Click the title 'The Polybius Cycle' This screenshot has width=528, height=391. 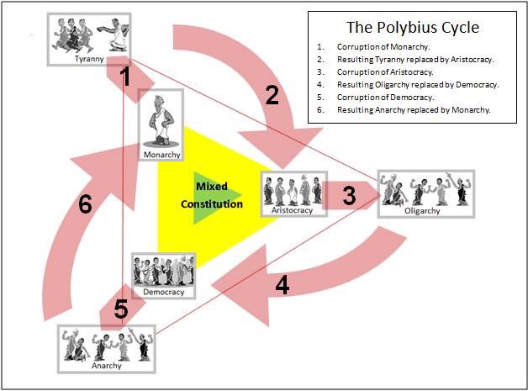(x=417, y=28)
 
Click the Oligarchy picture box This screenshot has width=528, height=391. (x=425, y=193)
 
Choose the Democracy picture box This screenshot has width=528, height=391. (x=163, y=275)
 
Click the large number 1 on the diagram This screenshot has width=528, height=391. (x=125, y=79)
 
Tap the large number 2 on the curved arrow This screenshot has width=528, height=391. (x=272, y=96)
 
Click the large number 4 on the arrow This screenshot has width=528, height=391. (x=282, y=285)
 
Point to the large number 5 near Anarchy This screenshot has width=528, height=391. (x=121, y=309)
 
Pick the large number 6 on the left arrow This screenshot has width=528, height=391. (x=85, y=206)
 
